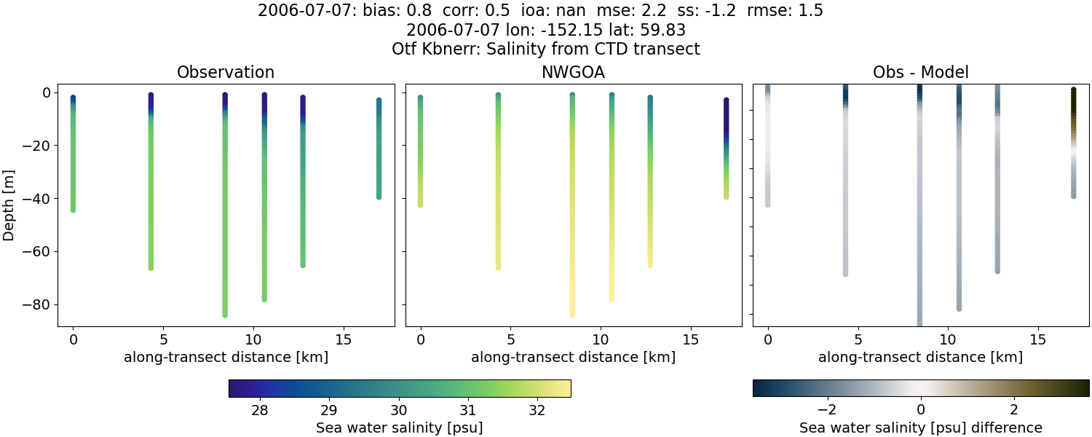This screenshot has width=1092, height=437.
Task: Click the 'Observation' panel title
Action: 226,73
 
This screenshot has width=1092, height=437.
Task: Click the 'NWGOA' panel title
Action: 573,73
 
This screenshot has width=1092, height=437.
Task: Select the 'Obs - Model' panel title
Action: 920,73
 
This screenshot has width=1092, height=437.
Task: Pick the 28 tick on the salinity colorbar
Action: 259,410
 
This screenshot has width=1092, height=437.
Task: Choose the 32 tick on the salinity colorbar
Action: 537,410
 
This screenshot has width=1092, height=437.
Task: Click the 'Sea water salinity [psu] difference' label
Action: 920,428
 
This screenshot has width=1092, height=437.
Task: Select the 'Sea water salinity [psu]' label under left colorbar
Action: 399,428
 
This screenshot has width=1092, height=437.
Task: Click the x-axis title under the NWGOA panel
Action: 573,358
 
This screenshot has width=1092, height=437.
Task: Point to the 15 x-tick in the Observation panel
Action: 343,339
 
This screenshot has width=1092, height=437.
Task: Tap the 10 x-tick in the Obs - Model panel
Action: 948,339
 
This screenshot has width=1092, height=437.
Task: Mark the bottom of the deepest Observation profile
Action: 225,315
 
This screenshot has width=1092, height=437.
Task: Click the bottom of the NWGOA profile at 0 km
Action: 420,205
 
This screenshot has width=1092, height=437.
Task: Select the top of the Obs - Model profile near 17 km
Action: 1073,90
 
